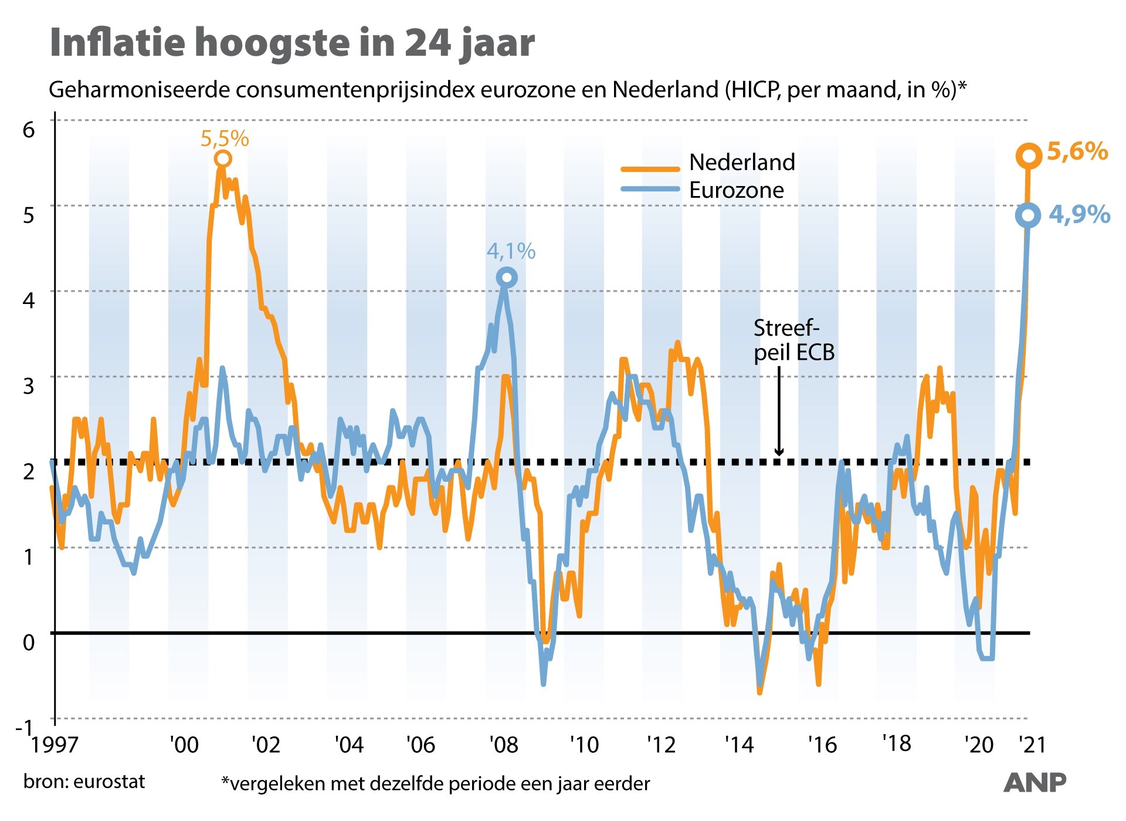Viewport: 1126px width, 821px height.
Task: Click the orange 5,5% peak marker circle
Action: pyautogui.click(x=222, y=159)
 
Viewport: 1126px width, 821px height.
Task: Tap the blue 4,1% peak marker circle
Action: pyautogui.click(x=507, y=278)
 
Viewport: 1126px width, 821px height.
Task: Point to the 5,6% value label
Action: pyautogui.click(x=1077, y=151)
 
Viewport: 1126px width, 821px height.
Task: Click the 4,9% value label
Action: pyautogui.click(x=1079, y=214)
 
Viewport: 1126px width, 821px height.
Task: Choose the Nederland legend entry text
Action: pyautogui.click(x=742, y=163)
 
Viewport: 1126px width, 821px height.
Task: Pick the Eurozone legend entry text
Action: pyautogui.click(x=736, y=190)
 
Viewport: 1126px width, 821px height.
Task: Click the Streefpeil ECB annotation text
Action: pyautogui.click(x=793, y=340)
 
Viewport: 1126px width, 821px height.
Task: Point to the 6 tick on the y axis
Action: pyautogui.click(x=29, y=130)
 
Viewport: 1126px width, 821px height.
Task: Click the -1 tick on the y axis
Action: pyautogui.click(x=24, y=728)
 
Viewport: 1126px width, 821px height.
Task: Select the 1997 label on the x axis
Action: pyautogui.click(x=55, y=745)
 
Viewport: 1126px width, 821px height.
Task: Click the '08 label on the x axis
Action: pyautogui.click(x=504, y=745)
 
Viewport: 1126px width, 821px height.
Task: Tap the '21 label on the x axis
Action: pyautogui.click(x=1032, y=745)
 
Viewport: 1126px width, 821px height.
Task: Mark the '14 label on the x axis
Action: pyautogui.click(x=739, y=745)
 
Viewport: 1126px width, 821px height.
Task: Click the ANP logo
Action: pyautogui.click(x=1035, y=782)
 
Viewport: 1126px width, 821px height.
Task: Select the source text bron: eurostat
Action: pyautogui.click(x=84, y=782)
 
